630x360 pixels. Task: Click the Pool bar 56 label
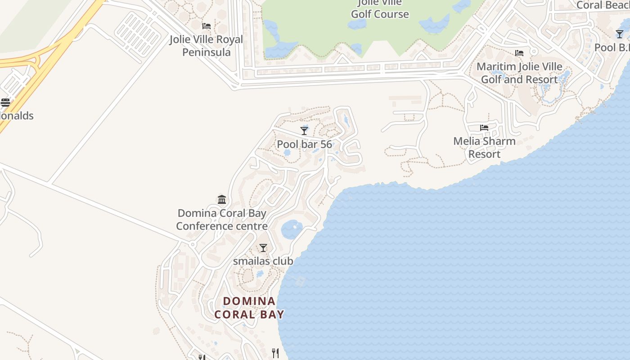pyautogui.click(x=304, y=144)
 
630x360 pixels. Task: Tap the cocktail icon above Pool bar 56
pyautogui.click(x=304, y=130)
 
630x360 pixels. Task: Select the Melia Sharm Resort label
pyautogui.click(x=484, y=148)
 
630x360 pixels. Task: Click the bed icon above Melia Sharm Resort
pyautogui.click(x=484, y=128)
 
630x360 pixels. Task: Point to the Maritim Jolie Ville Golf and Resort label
pyautogui.click(x=519, y=73)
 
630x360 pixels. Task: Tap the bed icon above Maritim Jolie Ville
pyautogui.click(x=519, y=53)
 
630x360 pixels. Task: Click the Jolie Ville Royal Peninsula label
pyautogui.click(x=206, y=46)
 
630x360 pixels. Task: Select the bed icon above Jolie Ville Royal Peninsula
pyautogui.click(x=207, y=26)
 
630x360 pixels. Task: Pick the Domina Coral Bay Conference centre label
pyautogui.click(x=222, y=220)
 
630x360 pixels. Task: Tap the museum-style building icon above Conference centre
pyautogui.click(x=222, y=199)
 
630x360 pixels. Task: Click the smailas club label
pyautogui.click(x=263, y=261)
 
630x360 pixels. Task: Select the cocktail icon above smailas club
pyautogui.click(x=263, y=248)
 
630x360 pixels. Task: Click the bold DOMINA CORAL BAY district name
pyautogui.click(x=249, y=307)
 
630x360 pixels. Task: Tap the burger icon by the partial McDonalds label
pyautogui.click(x=5, y=103)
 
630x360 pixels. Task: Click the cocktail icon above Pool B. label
pyautogui.click(x=620, y=34)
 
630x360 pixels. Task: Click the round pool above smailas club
pyautogui.click(x=292, y=230)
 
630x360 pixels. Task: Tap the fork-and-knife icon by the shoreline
pyautogui.click(x=275, y=353)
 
